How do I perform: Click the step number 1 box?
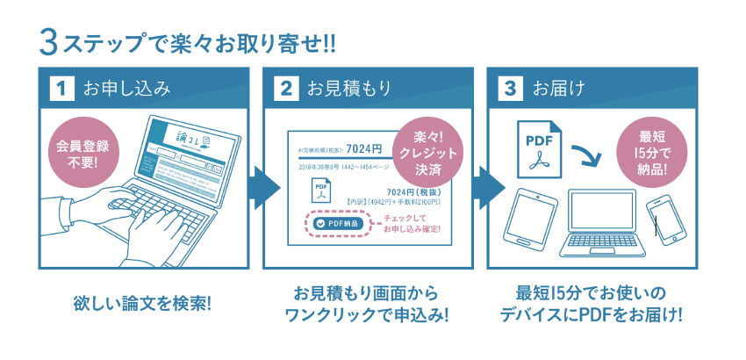click(61, 88)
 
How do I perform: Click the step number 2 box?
click(285, 88)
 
